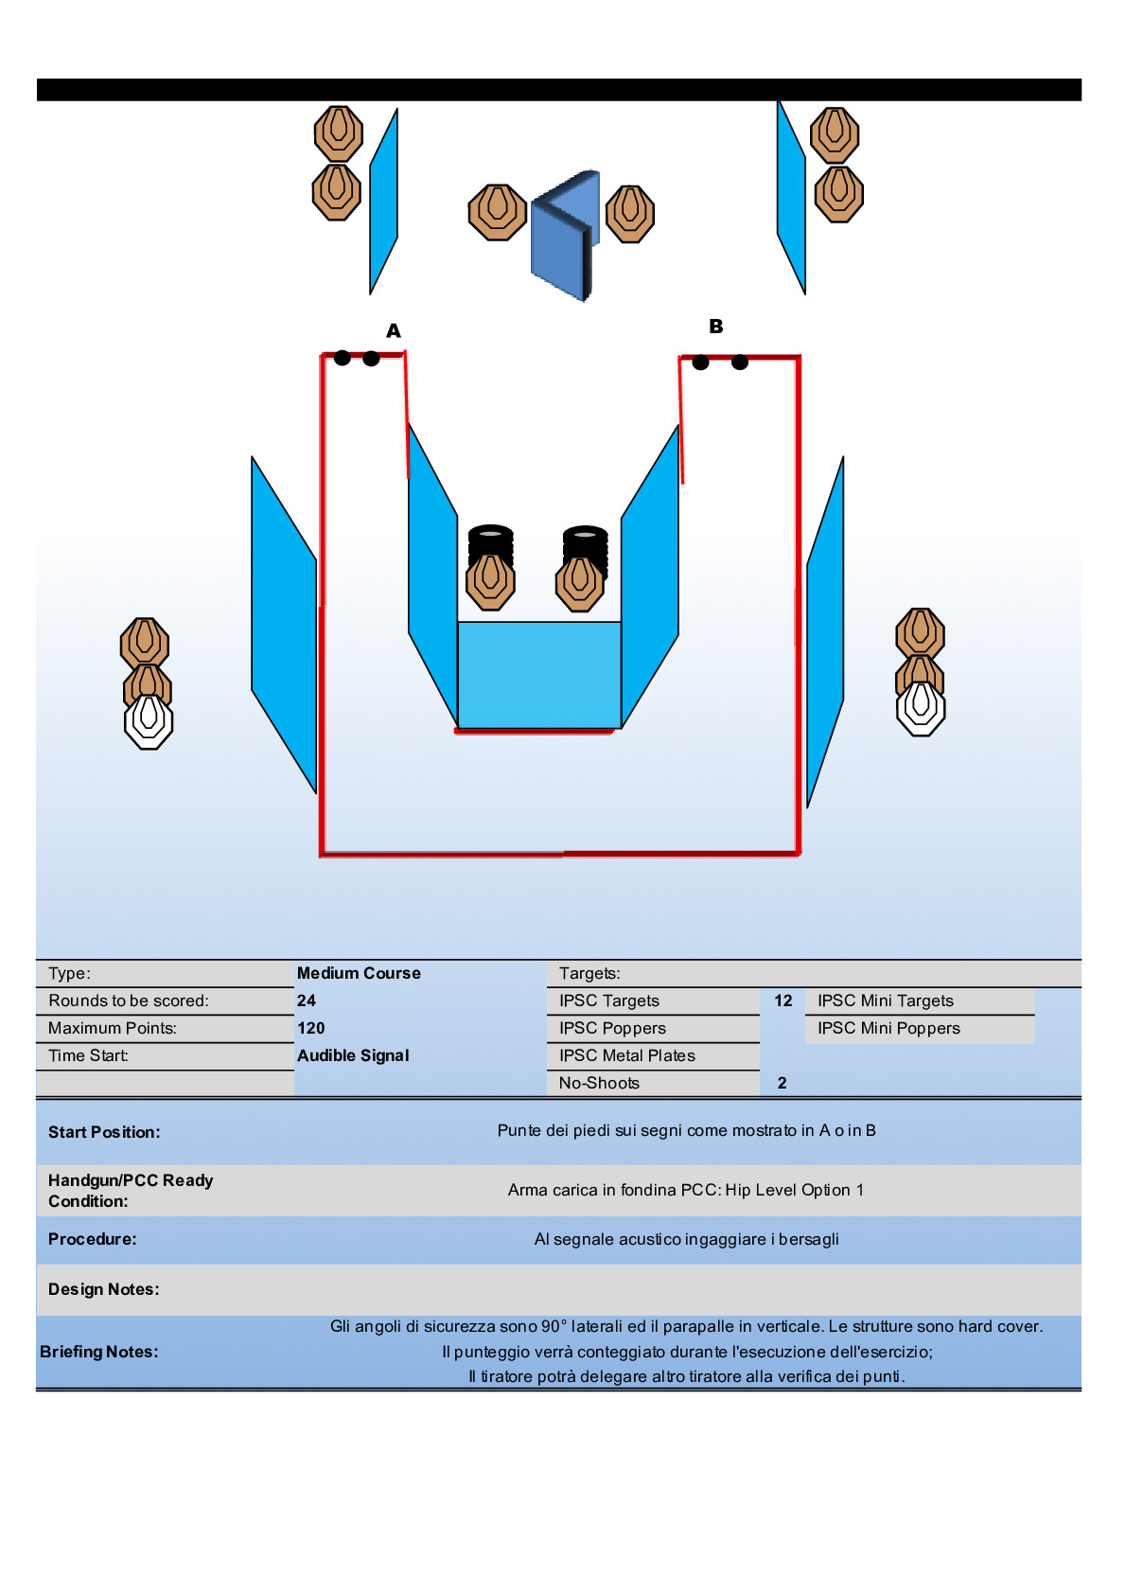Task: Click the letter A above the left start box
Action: (394, 330)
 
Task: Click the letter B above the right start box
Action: (716, 326)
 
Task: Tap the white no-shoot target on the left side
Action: (149, 721)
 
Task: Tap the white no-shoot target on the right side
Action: (921, 708)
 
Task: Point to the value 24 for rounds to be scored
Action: (307, 1001)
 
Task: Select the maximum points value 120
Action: (310, 1028)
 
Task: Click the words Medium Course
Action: (359, 973)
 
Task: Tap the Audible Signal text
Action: (353, 1055)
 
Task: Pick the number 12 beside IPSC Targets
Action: (783, 1001)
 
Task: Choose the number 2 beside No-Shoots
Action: (782, 1083)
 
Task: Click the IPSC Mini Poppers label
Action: (888, 1028)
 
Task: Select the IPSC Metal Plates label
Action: (626, 1055)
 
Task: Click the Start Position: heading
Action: (104, 1132)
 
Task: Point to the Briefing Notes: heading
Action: (99, 1352)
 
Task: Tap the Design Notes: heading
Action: (104, 1289)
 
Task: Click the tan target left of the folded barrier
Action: (497, 212)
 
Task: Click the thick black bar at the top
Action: (558, 90)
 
